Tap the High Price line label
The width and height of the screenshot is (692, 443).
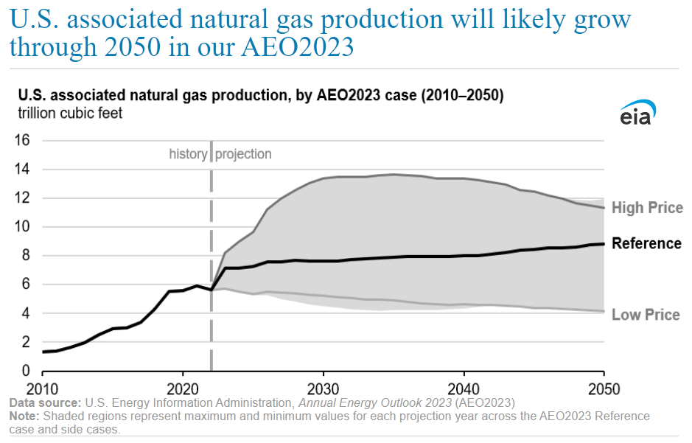[647, 208]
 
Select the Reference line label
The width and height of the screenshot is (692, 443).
[646, 243]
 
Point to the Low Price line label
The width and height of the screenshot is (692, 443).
[646, 315]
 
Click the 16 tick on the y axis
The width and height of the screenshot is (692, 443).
[22, 140]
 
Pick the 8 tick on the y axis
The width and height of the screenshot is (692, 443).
[25, 256]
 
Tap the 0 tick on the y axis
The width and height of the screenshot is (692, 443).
[25, 371]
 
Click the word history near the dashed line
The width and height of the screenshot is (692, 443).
[188, 154]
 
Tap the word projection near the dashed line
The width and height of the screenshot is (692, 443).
[243, 155]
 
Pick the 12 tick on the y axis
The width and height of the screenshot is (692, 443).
[22, 198]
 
